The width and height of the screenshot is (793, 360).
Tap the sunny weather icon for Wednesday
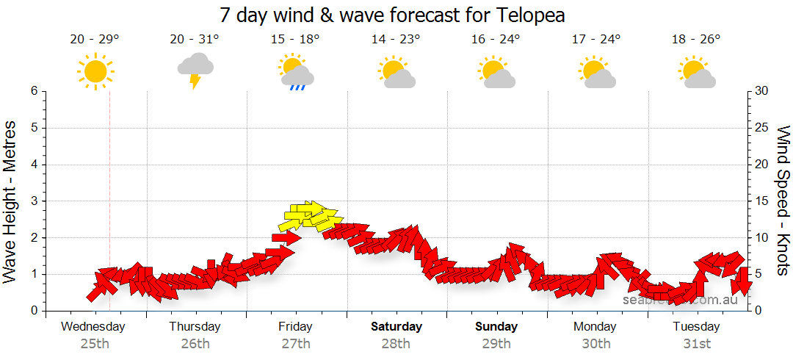click(95, 71)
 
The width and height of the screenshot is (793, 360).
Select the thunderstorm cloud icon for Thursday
click(195, 70)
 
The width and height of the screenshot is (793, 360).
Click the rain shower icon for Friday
click(296, 72)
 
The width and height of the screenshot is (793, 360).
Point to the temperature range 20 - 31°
click(195, 39)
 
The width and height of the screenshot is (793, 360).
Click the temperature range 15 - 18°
click(295, 39)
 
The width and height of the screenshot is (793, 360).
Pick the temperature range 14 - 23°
click(396, 39)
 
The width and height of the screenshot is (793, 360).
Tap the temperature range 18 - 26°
click(697, 39)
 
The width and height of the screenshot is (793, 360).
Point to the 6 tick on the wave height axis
click(34, 91)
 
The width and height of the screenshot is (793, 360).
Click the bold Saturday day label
click(396, 326)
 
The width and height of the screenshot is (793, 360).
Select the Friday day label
click(295, 326)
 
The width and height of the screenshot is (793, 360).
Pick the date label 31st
click(697, 343)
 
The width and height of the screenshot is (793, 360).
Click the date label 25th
click(95, 343)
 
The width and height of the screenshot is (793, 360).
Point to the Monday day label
click(596, 326)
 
